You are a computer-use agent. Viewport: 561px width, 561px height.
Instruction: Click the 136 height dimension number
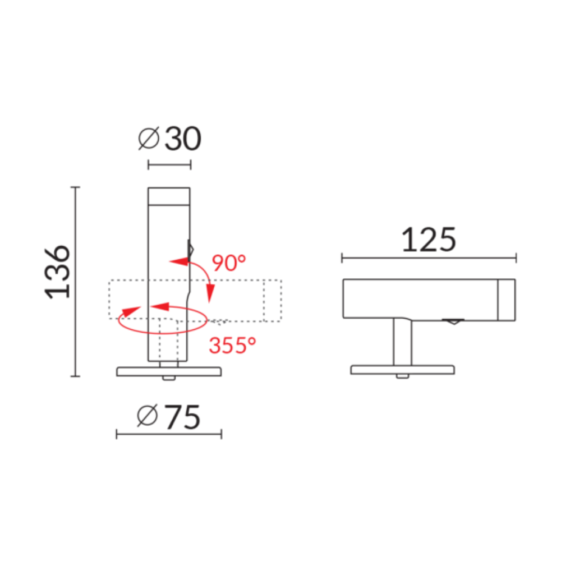tap(58, 270)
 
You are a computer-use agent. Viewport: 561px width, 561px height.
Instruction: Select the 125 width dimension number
tap(429, 240)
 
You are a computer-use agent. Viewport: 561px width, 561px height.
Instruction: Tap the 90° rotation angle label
tap(229, 263)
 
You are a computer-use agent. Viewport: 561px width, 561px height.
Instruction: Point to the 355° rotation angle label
tap(228, 346)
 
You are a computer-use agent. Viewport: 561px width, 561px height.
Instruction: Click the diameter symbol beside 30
tap(149, 139)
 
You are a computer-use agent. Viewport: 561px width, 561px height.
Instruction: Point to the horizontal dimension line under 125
tap(429, 259)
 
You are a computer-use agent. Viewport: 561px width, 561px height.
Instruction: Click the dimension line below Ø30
tap(169, 164)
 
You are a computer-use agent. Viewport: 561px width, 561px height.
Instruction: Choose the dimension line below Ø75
tap(169, 434)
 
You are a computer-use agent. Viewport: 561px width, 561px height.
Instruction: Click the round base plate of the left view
tap(169, 371)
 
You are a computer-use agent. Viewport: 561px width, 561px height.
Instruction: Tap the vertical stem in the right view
tap(402, 342)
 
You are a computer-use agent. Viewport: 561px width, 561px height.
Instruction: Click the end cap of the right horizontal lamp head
tap(507, 300)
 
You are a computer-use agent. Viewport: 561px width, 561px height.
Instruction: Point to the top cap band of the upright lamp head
tap(169, 196)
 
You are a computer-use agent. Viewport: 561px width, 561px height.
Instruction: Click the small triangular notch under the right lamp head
tap(452, 322)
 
